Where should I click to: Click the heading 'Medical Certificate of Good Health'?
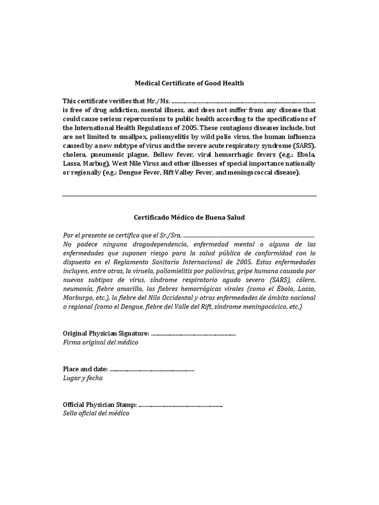point(189,83)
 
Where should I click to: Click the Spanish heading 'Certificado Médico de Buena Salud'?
point(189,217)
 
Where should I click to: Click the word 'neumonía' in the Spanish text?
point(77,289)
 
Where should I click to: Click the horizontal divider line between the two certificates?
point(189,196)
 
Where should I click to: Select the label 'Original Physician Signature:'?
point(106,334)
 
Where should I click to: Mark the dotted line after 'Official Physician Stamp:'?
point(181,405)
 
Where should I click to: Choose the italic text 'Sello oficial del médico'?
point(96,414)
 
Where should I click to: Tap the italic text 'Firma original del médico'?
point(101,343)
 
